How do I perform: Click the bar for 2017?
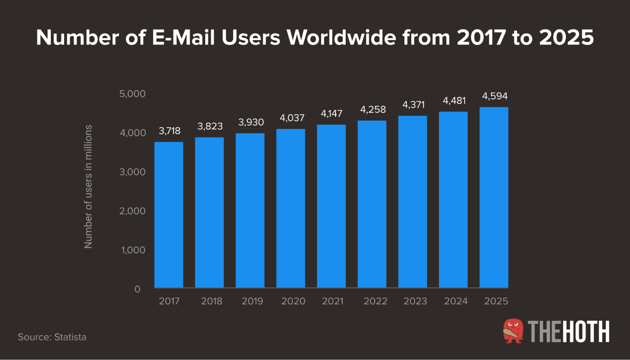pyautogui.click(x=169, y=214)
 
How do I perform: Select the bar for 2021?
pyautogui.click(x=331, y=206)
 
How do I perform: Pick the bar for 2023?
pyautogui.click(x=413, y=202)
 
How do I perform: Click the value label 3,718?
pyautogui.click(x=170, y=131)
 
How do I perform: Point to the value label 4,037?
pyautogui.click(x=292, y=118)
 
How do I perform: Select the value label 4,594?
pyautogui.click(x=495, y=96)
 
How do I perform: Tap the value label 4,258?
pyautogui.click(x=373, y=109)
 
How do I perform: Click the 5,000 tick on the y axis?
pyautogui.click(x=132, y=94)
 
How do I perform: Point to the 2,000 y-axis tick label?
pyautogui.click(x=132, y=211)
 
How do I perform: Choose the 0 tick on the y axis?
pyautogui.click(x=137, y=289)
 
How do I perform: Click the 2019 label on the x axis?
pyautogui.click(x=252, y=301)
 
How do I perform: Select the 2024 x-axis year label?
pyautogui.click(x=456, y=301)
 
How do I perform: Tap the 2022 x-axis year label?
pyautogui.click(x=375, y=301)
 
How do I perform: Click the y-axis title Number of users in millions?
pyautogui.click(x=88, y=186)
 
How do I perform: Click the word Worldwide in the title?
pyautogui.click(x=341, y=37)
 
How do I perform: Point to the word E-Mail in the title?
pyautogui.click(x=183, y=37)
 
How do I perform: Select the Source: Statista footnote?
pyautogui.click(x=52, y=337)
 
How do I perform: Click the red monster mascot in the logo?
pyautogui.click(x=513, y=331)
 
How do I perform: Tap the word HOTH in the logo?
pyautogui.click(x=586, y=331)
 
